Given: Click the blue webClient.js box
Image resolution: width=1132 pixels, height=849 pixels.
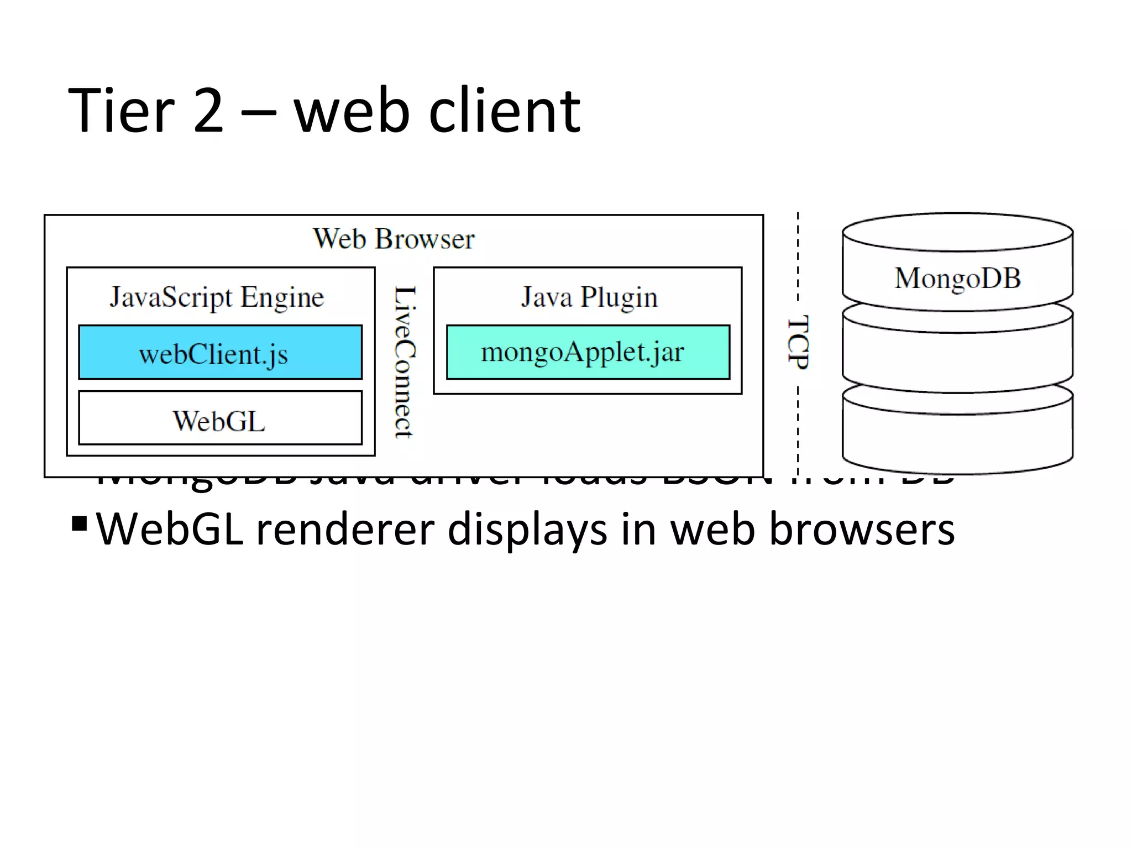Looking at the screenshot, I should tap(220, 352).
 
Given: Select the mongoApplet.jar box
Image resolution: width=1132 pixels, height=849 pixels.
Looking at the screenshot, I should tap(588, 352).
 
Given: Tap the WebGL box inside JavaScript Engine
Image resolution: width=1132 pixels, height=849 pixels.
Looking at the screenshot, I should tap(220, 418).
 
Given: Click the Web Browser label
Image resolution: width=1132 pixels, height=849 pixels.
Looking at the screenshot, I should tap(394, 239).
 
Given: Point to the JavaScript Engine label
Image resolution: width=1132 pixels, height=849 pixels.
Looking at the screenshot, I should tap(217, 297).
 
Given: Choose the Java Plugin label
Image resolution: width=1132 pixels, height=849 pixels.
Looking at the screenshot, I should tap(589, 297).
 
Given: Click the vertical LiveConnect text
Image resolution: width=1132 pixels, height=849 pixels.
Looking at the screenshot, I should tap(405, 362).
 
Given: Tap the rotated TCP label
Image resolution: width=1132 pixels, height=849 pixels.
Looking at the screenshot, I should tap(798, 343).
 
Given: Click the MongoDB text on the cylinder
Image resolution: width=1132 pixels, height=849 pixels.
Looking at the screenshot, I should tap(957, 277).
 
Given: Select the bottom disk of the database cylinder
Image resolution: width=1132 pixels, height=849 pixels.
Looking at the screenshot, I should tap(957, 437).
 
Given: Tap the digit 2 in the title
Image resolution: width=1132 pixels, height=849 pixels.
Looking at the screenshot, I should tap(209, 112).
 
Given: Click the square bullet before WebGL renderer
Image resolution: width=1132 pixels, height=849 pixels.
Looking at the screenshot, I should tap(80, 522).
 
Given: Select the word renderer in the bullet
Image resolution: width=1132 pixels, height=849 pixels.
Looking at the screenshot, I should tap(345, 530).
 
